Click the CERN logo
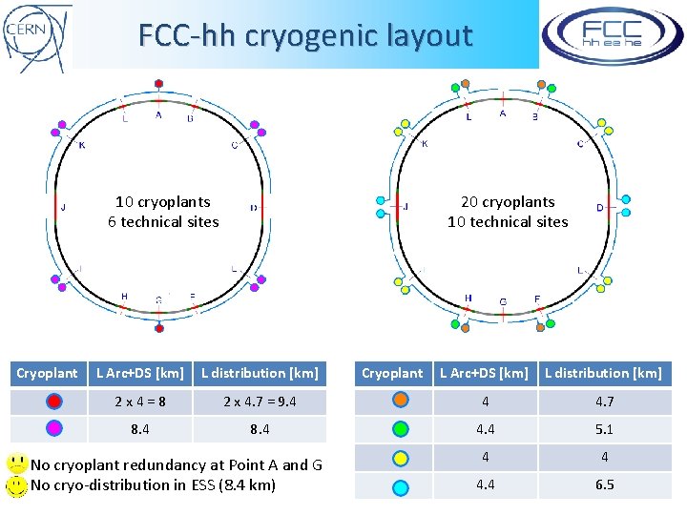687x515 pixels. click(x=36, y=36)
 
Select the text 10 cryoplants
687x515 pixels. click(x=163, y=201)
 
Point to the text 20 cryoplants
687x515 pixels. click(x=508, y=201)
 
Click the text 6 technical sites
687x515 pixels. click(x=163, y=221)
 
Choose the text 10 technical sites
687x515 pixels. click(x=508, y=221)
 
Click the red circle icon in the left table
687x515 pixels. click(x=54, y=402)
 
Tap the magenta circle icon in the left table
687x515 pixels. click(x=54, y=429)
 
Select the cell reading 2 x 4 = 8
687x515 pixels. click(x=140, y=402)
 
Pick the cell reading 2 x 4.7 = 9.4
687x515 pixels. click(x=260, y=402)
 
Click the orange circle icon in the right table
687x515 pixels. click(x=401, y=402)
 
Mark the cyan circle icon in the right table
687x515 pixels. click(x=401, y=486)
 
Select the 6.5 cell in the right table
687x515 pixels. click(x=604, y=484)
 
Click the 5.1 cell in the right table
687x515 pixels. click(x=604, y=429)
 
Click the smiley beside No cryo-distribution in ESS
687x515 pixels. click(x=16, y=485)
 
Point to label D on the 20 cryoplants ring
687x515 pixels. click(x=600, y=207)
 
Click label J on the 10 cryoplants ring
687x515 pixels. click(x=63, y=207)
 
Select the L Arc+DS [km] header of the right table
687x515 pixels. click(x=483, y=373)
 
